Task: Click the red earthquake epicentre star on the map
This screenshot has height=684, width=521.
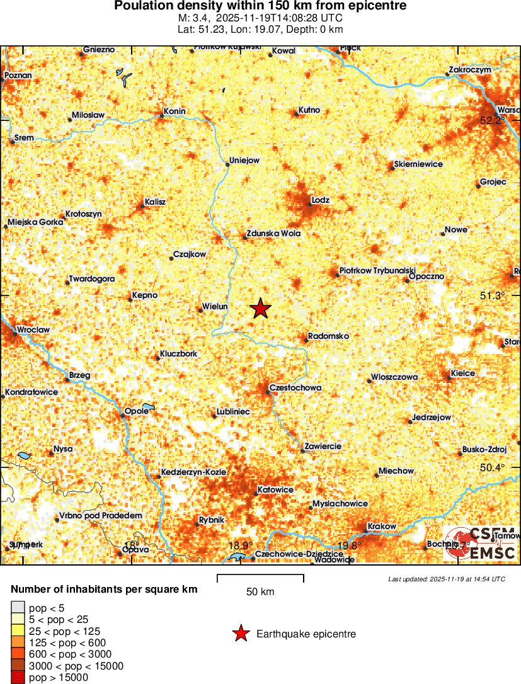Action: point(261,309)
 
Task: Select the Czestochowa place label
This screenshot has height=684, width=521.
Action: point(295,387)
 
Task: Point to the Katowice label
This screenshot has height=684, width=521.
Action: point(276,489)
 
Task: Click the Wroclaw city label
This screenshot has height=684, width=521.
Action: point(33,329)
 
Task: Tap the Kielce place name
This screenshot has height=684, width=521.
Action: point(463,373)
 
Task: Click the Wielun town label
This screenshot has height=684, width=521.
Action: point(214,307)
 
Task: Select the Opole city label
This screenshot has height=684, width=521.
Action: point(137,411)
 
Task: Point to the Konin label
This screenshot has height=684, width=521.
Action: point(175,111)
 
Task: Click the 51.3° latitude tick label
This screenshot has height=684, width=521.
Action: point(493,295)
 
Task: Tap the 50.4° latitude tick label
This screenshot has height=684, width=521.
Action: point(493,467)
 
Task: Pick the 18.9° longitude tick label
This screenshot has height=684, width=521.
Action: point(240,545)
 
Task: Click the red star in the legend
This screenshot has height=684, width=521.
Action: point(240,634)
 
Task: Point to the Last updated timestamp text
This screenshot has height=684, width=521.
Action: point(447,579)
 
